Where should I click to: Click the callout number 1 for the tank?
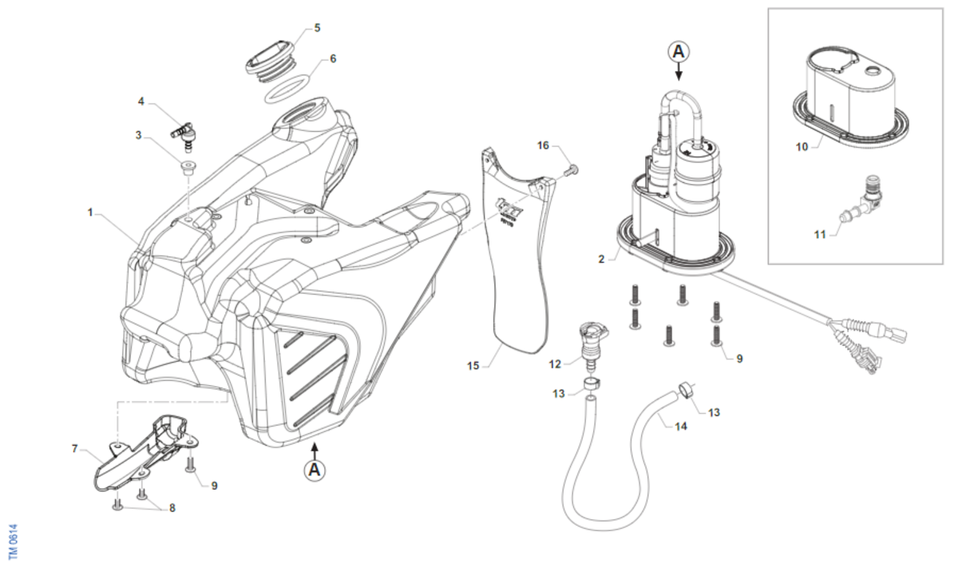click(x=91, y=212)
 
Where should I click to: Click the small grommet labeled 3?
click(x=188, y=166)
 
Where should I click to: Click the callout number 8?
click(x=172, y=507)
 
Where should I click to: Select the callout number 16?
click(x=544, y=145)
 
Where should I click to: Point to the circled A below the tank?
click(x=315, y=470)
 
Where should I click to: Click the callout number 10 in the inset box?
click(x=802, y=147)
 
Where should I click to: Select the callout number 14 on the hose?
click(x=681, y=427)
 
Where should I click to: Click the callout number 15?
click(x=473, y=366)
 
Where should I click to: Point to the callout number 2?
click(x=602, y=259)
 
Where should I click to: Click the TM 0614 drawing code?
click(x=11, y=541)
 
